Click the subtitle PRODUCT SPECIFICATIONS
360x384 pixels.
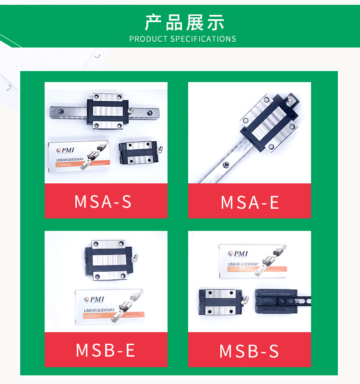point(182,39)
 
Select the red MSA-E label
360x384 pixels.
point(250,202)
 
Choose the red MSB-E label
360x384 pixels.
point(106,350)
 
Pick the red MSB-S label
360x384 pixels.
point(250,351)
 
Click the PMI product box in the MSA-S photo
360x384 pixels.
point(79,156)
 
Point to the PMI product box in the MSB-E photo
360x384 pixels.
point(109,306)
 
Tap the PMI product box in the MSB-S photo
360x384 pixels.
point(252,260)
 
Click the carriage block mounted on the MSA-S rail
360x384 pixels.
point(108,111)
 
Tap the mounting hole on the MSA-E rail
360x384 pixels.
point(226,165)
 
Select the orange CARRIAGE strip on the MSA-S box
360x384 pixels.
point(67,165)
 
